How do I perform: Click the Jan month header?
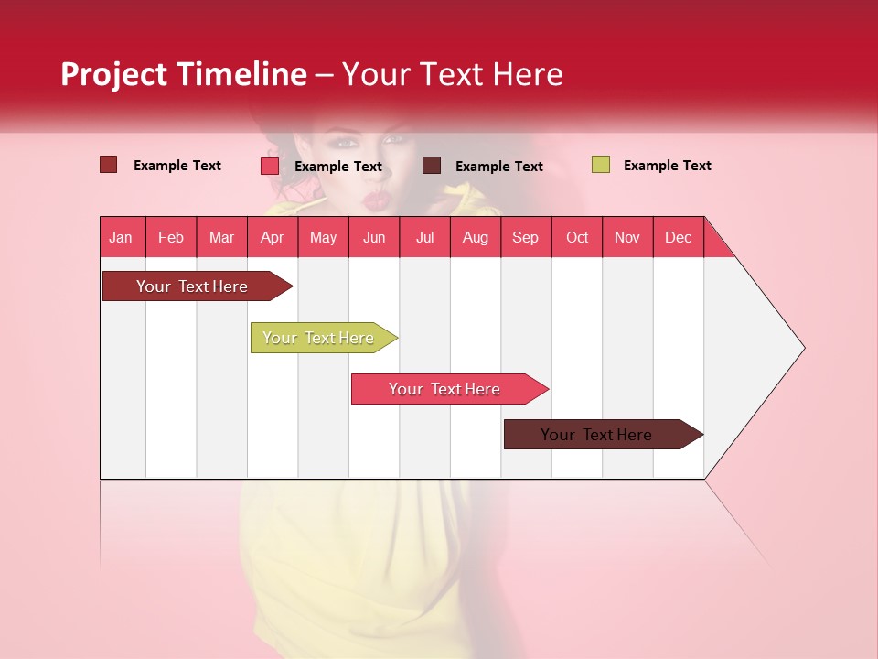click(x=122, y=237)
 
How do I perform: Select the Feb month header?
click(x=171, y=237)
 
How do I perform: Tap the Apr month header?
click(x=273, y=237)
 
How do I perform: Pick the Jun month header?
click(x=374, y=237)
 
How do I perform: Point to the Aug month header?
click(x=476, y=237)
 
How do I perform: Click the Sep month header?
click(x=526, y=237)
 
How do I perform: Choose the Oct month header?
click(x=577, y=237)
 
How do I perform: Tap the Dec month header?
click(x=679, y=237)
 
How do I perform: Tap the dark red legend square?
click(x=108, y=165)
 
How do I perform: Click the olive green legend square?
click(x=600, y=165)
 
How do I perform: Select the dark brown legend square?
click(x=432, y=165)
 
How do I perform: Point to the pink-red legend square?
click(x=269, y=166)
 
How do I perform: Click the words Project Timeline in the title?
click(x=183, y=74)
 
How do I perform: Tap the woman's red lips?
click(x=375, y=197)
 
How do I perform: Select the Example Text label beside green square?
click(x=668, y=166)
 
